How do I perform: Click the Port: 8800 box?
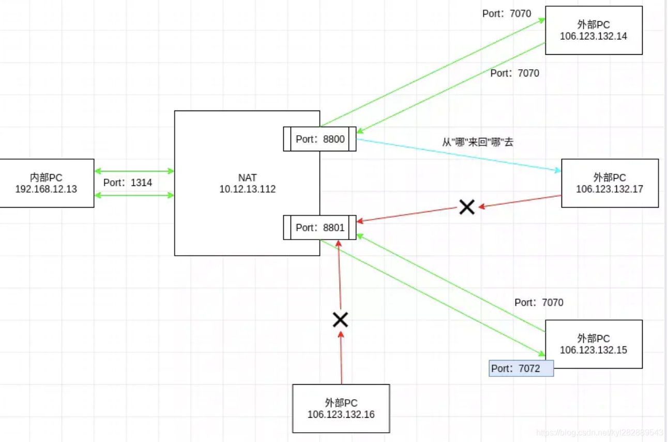point(320,139)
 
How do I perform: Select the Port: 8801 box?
point(320,228)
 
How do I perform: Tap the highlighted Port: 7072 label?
point(521,369)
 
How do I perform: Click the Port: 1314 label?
point(128,183)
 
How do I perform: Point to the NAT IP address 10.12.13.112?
point(248,189)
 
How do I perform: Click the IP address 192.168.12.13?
point(46,189)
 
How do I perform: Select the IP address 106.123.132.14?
point(594,36)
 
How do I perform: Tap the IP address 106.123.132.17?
point(610,189)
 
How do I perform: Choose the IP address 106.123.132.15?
point(594,350)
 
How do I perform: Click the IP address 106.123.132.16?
point(341,414)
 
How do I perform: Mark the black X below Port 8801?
point(340,320)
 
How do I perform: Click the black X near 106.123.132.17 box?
point(467,207)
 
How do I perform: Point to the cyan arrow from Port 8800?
point(459,155)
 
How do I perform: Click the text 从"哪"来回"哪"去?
point(478,142)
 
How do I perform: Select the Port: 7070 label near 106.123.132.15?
point(539,303)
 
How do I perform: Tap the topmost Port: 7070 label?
point(507,14)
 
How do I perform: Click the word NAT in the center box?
point(248,178)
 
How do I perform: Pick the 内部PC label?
point(46,178)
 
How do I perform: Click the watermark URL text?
point(599,432)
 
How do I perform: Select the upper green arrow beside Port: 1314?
point(134,171)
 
